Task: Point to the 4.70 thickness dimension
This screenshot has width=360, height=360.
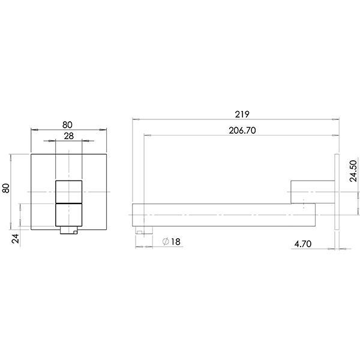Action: tap(302, 244)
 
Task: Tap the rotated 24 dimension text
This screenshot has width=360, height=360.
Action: tap(16, 239)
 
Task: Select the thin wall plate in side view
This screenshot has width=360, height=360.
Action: tap(336, 193)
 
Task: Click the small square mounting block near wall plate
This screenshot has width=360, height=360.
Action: tap(302, 191)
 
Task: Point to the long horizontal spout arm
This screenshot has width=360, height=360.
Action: tap(222, 214)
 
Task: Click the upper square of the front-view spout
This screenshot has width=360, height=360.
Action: tap(69, 191)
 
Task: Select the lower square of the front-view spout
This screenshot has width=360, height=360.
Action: tap(69, 214)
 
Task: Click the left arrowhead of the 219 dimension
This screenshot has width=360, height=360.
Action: tap(134, 119)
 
